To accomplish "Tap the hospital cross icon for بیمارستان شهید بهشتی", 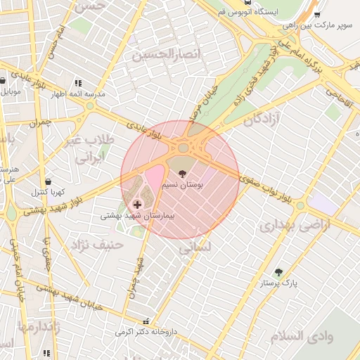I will pos(136,204).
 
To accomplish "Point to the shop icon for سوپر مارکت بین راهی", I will pos(317,15).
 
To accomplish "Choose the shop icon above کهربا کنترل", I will pos(47,181).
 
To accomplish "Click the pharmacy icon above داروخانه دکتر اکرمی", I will pos(146,321).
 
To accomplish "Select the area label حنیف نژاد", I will pos(97,245).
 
